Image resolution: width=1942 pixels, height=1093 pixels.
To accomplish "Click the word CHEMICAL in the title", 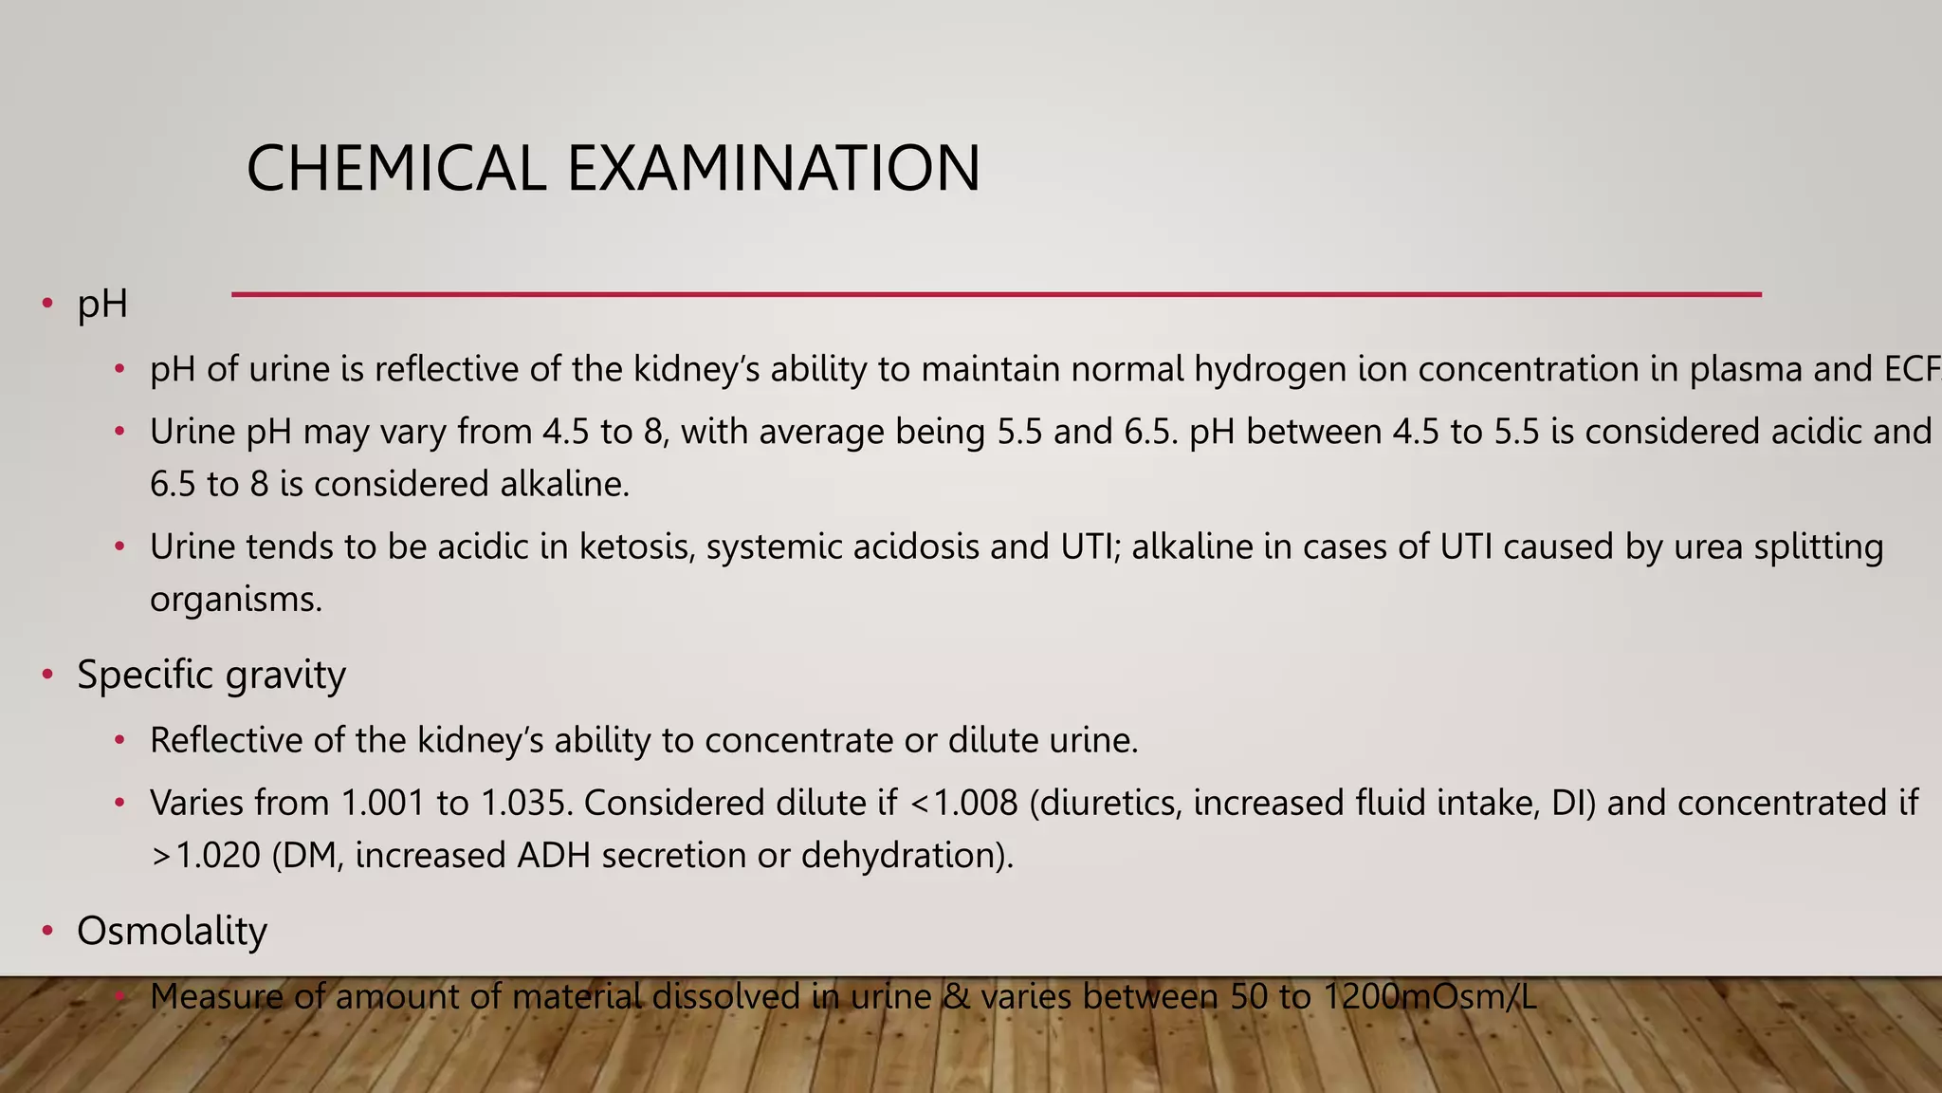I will click(395, 169).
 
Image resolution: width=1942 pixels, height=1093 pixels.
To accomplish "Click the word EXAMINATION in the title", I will click(773, 169).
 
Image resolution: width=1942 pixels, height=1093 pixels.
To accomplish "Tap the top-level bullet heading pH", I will click(102, 305).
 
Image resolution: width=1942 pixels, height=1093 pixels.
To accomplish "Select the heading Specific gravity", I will click(211, 676).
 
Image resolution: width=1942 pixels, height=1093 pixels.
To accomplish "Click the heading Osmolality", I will click(172, 931).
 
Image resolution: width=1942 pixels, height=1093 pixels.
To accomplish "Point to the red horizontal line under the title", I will click(996, 294).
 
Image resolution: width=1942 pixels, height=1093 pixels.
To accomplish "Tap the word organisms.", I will click(235, 600).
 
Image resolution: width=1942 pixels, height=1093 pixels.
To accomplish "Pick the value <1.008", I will click(963, 804).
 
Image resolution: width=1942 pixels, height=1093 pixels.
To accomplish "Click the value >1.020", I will click(206, 856).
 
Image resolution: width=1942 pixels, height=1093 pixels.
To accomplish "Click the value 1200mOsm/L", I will click(1429, 997).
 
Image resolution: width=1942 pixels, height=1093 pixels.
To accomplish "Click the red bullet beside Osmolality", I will click(47, 932).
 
